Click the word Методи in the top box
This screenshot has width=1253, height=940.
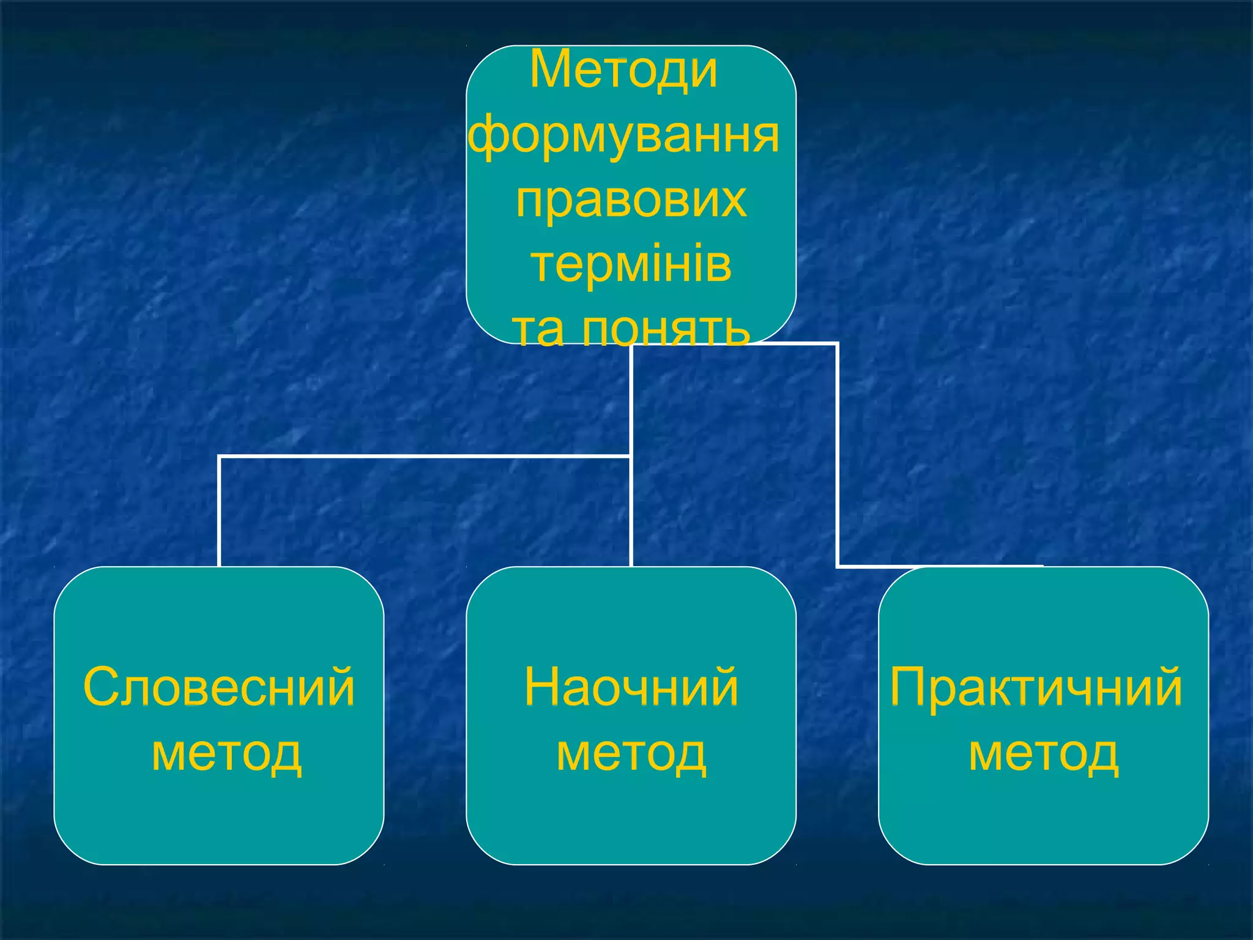click(623, 70)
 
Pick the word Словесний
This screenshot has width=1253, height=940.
click(219, 687)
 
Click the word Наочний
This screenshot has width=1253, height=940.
click(631, 687)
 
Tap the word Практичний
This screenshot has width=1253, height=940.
click(1035, 687)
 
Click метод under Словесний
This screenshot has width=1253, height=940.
click(226, 754)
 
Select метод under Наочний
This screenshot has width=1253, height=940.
click(631, 754)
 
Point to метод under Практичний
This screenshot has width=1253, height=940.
click(1043, 754)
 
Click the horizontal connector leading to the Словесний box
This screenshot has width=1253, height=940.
click(422, 457)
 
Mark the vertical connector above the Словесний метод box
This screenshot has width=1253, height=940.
click(219, 511)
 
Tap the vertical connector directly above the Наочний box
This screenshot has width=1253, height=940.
click(631, 511)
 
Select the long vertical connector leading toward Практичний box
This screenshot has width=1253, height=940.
click(837, 456)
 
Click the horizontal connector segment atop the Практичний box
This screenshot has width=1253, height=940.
click(939, 566)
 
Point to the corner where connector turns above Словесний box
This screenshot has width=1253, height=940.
click(219, 457)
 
